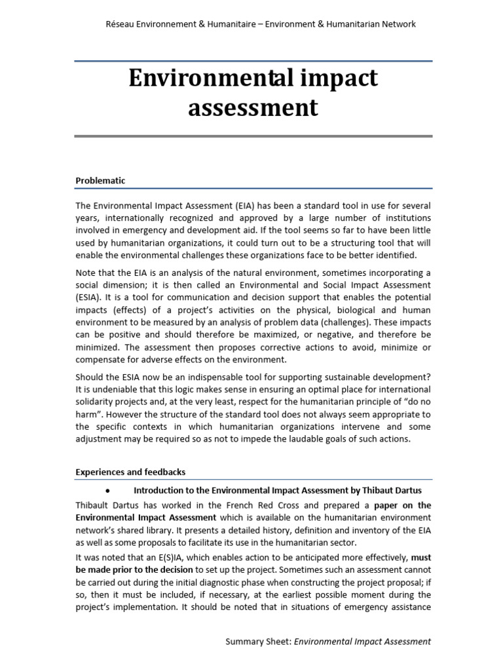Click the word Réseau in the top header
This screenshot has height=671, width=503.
pyautogui.click(x=121, y=24)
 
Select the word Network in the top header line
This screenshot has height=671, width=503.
pyautogui.click(x=396, y=24)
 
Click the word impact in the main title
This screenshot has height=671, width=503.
pyautogui.click(x=337, y=78)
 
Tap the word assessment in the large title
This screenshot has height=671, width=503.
pyautogui.click(x=253, y=107)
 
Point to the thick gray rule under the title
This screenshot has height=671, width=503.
pyautogui.click(x=253, y=136)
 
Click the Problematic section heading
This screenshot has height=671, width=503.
pyautogui.click(x=100, y=180)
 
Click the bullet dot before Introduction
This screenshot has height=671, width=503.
pyautogui.click(x=105, y=490)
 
